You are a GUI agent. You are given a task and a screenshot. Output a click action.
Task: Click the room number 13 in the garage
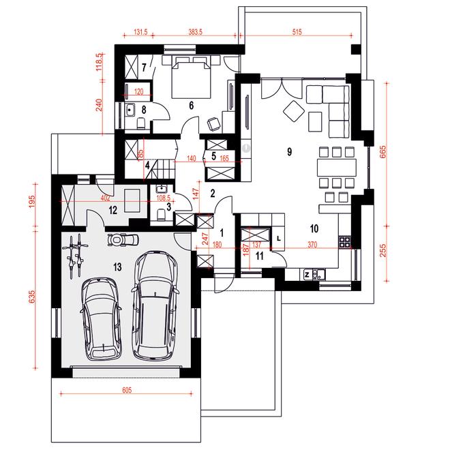[x=117, y=267]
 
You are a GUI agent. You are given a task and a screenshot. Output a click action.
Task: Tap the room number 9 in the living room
[x=290, y=151]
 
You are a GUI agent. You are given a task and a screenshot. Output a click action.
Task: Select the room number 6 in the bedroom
[x=192, y=106]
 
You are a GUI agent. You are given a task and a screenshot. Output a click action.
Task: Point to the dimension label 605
[x=127, y=390]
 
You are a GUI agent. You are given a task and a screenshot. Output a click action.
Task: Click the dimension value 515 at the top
[x=297, y=32]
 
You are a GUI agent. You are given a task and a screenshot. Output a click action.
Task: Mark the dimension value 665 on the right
[x=383, y=152]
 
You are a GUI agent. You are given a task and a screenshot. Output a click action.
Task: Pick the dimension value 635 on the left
[x=32, y=297]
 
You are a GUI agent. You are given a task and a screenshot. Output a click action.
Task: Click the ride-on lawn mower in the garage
[x=123, y=239]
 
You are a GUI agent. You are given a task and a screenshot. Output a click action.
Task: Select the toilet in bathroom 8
[x=141, y=123]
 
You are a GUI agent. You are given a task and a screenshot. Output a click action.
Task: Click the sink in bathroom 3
[x=162, y=189]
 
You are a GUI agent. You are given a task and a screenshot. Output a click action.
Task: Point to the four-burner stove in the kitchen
[x=345, y=242]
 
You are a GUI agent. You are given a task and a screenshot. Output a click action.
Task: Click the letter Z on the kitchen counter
[x=307, y=275]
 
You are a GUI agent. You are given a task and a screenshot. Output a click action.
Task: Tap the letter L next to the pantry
[x=278, y=239]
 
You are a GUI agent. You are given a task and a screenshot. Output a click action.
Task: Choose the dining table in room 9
[x=337, y=168]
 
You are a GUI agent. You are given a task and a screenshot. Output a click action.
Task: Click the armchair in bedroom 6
[x=213, y=124]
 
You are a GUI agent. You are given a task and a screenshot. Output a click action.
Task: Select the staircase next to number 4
[x=163, y=169]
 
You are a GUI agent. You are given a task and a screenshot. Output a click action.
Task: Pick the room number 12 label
[x=113, y=211]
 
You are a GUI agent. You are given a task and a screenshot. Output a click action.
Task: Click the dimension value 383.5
[x=195, y=32]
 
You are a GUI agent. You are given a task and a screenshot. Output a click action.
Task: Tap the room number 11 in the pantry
[x=260, y=256]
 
